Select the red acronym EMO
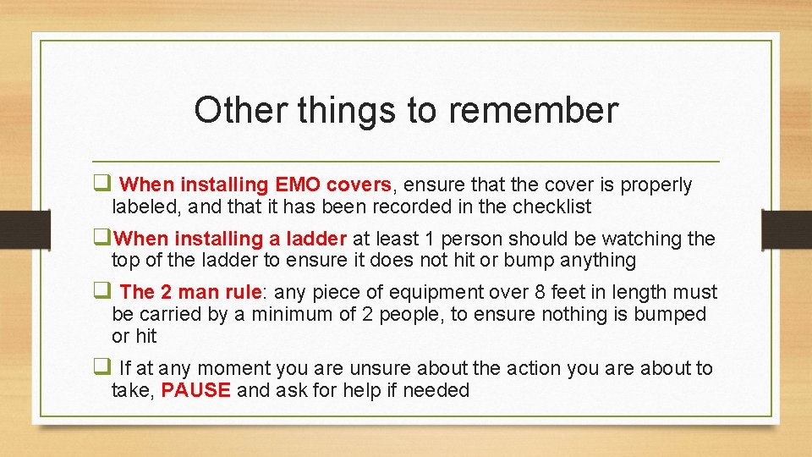point(296,184)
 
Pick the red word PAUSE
point(195,390)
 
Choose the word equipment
point(436,292)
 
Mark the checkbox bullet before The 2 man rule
point(101,292)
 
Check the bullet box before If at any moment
point(101,368)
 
